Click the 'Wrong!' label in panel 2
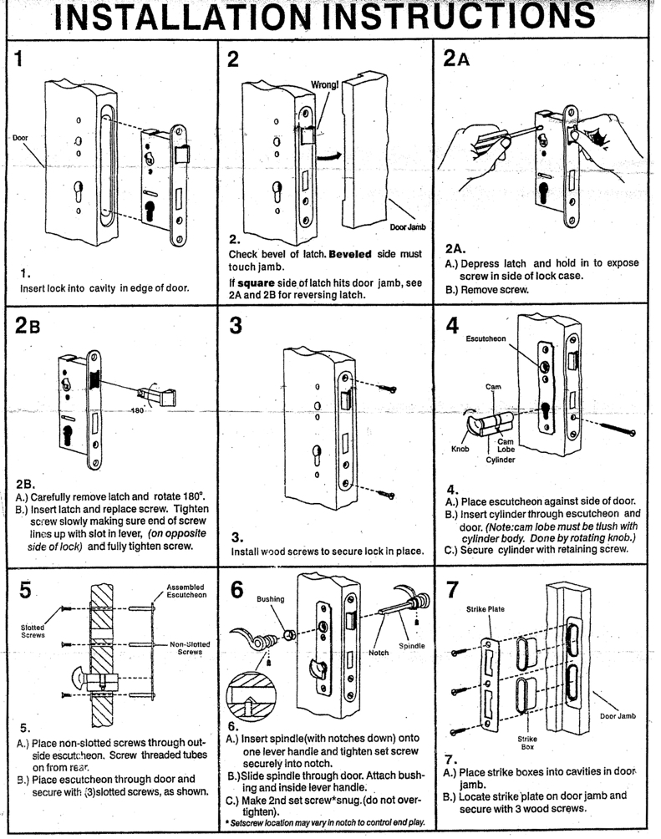[324, 84]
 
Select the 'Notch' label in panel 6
[356, 652]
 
